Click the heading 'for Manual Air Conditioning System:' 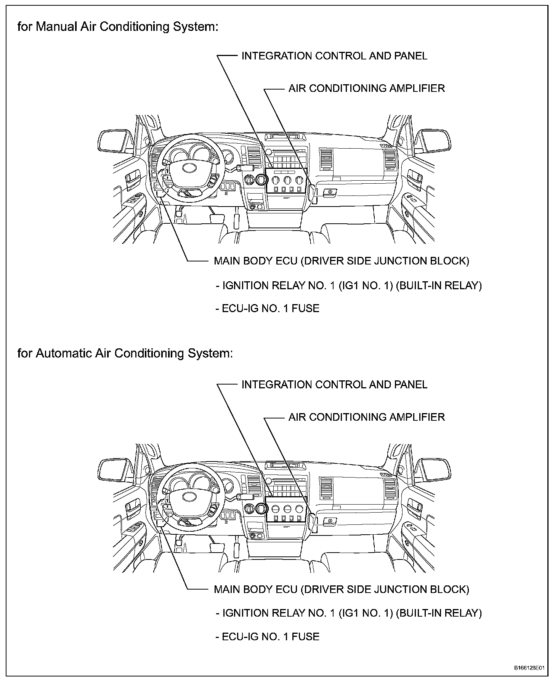click(118, 27)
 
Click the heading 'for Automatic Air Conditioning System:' click(125, 353)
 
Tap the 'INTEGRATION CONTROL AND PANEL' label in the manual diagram click(334, 56)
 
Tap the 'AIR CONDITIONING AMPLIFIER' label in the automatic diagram click(366, 417)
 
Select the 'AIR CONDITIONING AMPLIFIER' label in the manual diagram click(366, 88)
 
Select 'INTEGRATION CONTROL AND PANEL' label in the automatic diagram click(334, 385)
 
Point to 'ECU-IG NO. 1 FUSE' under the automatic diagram click(270, 637)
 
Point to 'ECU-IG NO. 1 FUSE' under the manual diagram click(270, 308)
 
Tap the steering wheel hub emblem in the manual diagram click(189, 167)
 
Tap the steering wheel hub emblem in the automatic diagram click(189, 496)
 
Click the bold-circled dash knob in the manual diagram click(261, 179)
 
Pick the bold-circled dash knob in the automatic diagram click(261, 508)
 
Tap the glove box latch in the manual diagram click(330, 192)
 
